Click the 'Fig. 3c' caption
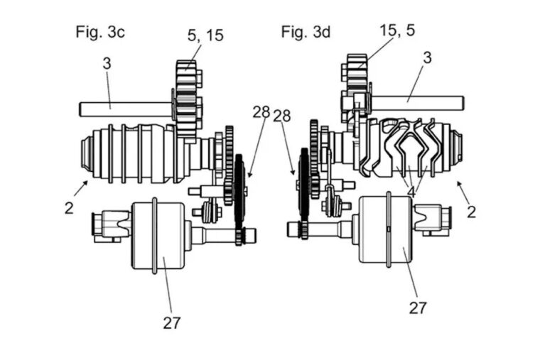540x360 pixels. coord(100,31)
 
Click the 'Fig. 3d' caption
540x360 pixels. coord(305,31)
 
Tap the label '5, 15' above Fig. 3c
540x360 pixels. coord(205,35)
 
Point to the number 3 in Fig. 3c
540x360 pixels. coord(107,64)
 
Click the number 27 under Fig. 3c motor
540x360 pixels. coord(171,322)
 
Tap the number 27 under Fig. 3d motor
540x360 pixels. coord(417,307)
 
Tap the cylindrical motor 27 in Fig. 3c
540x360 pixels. coord(158,234)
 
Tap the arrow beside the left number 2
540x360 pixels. coord(80,187)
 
